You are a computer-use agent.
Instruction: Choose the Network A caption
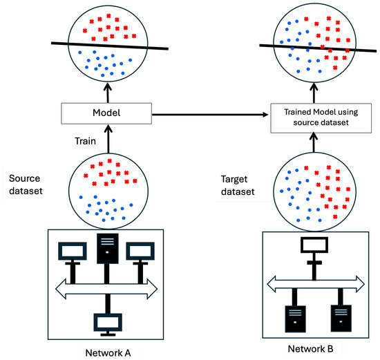pos(106,351)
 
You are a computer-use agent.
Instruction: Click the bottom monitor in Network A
pos(106,321)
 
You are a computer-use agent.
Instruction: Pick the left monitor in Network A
pos(70,250)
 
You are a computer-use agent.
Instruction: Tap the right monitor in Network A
pos(142,250)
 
